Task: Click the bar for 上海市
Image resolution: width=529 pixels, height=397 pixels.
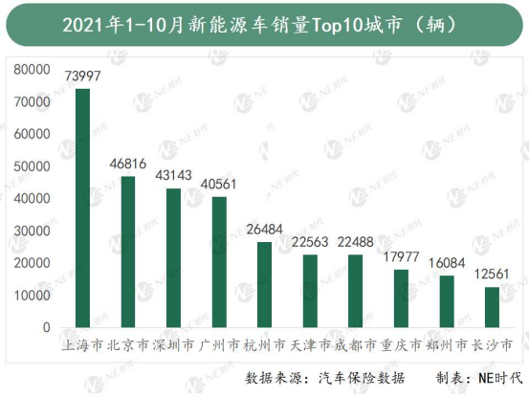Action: coord(83,209)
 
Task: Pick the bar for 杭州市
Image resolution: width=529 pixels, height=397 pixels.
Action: coord(264,285)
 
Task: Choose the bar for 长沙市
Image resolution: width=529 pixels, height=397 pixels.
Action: coord(492,307)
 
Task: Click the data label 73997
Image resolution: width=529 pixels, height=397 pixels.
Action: coord(83,76)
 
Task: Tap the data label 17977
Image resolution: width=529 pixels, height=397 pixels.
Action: coord(401,257)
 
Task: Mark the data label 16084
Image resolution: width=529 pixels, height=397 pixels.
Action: coord(446,263)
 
